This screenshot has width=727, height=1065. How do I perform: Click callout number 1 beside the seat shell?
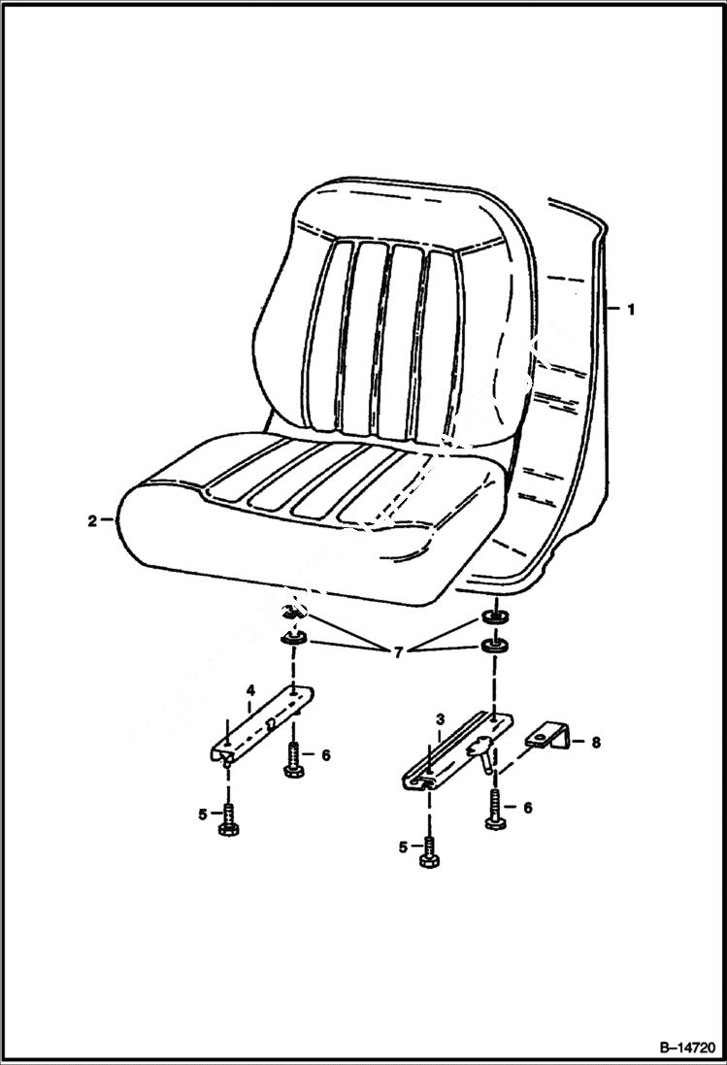(630, 310)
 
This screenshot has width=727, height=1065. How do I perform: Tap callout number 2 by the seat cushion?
(92, 521)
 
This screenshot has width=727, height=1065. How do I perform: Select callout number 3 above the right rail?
(440, 719)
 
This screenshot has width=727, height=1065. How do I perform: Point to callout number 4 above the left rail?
(249, 690)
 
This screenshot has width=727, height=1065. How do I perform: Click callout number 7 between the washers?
(397, 652)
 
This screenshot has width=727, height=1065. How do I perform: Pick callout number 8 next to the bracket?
(595, 743)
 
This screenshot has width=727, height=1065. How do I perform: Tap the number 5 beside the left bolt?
(203, 815)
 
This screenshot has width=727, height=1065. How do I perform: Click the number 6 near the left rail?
(326, 754)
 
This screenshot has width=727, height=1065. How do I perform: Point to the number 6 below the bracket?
(529, 807)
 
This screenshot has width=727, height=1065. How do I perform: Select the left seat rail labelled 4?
(262, 723)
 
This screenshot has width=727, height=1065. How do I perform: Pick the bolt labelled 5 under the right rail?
(429, 853)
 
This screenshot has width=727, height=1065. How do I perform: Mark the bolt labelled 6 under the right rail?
(496, 812)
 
